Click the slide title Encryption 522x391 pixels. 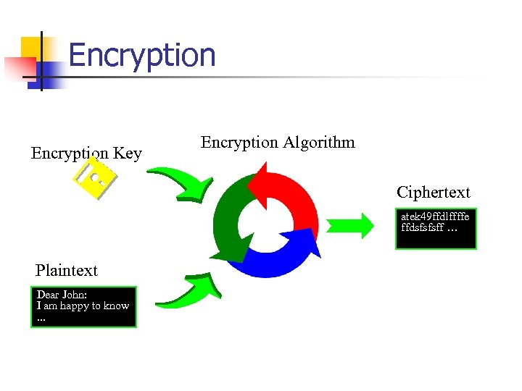pyautogui.click(x=142, y=55)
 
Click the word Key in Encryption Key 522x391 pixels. pyautogui.click(x=127, y=154)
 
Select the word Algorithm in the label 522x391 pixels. pyautogui.click(x=320, y=142)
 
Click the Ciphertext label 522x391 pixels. pyautogui.click(x=433, y=193)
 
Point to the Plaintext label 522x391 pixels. pyautogui.click(x=66, y=271)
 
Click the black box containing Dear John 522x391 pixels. pyautogui.click(x=83, y=308)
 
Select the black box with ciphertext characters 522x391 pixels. pyautogui.click(x=436, y=228)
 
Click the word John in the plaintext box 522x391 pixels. pyautogui.click(x=76, y=295)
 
